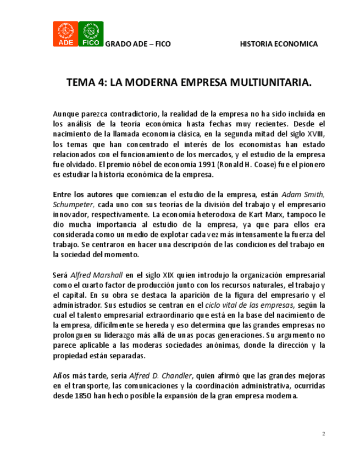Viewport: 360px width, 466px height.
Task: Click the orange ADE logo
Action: [64, 34]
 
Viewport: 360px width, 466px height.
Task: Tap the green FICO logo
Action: [91, 34]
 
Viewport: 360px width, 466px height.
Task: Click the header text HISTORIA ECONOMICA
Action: [279, 44]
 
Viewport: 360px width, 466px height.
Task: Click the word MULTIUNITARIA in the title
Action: [264, 82]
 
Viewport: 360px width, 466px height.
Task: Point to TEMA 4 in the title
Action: [86, 82]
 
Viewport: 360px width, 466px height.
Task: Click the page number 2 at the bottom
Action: [324, 434]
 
